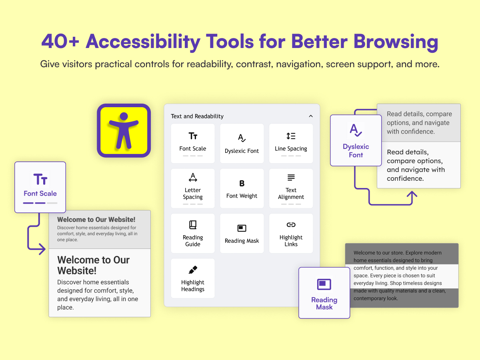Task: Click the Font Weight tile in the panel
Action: (x=242, y=188)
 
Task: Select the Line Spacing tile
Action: (x=291, y=143)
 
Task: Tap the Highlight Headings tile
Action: (x=193, y=278)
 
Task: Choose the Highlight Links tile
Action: (x=291, y=233)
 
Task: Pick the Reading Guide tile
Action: (x=193, y=233)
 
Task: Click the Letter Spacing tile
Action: (x=193, y=188)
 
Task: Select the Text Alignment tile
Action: (x=291, y=188)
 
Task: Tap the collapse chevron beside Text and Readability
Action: (x=311, y=116)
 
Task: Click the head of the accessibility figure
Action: (x=124, y=116)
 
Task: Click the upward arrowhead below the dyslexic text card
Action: (x=412, y=194)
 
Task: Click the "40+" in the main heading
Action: (x=60, y=41)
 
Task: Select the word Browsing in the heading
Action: (x=396, y=42)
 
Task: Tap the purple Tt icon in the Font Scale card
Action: (x=40, y=179)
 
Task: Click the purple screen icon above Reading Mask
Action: (x=324, y=284)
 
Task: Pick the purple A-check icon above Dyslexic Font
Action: (x=356, y=130)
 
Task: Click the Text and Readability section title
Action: (x=197, y=116)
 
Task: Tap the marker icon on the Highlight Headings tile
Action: (x=193, y=270)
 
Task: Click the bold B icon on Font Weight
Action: (x=242, y=183)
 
